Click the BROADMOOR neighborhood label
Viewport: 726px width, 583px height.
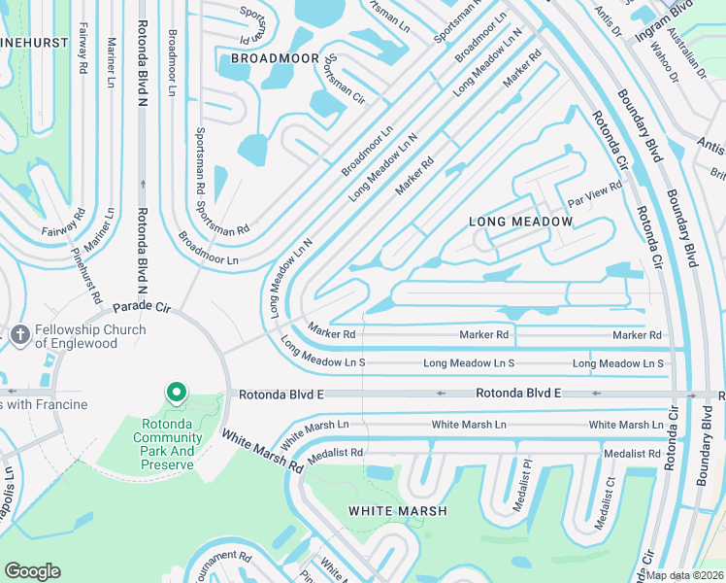(275, 59)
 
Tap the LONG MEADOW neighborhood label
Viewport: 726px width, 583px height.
(520, 222)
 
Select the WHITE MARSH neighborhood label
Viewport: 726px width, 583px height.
(398, 511)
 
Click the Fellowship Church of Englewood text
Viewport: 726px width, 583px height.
(90, 336)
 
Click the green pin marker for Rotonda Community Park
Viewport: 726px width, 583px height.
(176, 392)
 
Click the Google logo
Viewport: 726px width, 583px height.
(32, 570)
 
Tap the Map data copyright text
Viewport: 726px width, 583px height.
(684, 575)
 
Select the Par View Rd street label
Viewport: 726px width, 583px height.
(595, 193)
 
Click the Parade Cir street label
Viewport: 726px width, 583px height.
(142, 307)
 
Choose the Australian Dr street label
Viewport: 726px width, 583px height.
(693, 57)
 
